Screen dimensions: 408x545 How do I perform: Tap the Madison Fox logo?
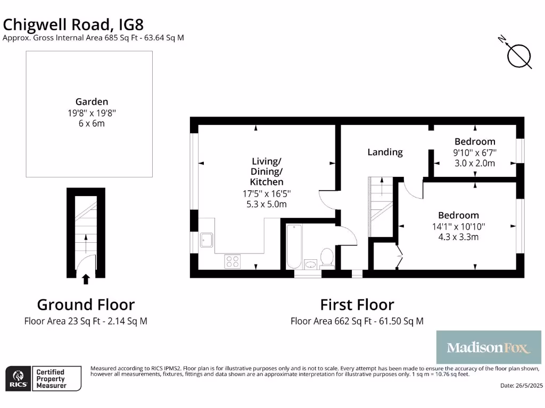[x=489, y=348]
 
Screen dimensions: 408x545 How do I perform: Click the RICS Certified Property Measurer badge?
[x=44, y=379]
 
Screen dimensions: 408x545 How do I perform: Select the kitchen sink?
[x=207, y=241]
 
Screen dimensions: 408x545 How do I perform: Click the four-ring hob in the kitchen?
[x=233, y=261]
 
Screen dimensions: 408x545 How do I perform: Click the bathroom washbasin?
[x=310, y=263]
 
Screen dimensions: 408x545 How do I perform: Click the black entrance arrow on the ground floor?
[x=85, y=279]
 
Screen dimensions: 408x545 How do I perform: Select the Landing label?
[x=385, y=152]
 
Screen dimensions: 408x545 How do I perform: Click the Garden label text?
[x=92, y=101]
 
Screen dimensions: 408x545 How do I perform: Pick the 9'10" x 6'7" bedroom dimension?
[x=475, y=152]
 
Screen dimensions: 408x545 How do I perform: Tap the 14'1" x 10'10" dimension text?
[x=458, y=226]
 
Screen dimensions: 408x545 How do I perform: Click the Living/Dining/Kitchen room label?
[x=266, y=171]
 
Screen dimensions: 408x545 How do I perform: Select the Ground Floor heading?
[x=86, y=304]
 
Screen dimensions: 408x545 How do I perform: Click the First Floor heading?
[x=357, y=304]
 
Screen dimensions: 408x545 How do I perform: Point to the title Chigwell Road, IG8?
[x=73, y=24]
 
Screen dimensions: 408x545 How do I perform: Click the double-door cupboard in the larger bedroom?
[x=384, y=256]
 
